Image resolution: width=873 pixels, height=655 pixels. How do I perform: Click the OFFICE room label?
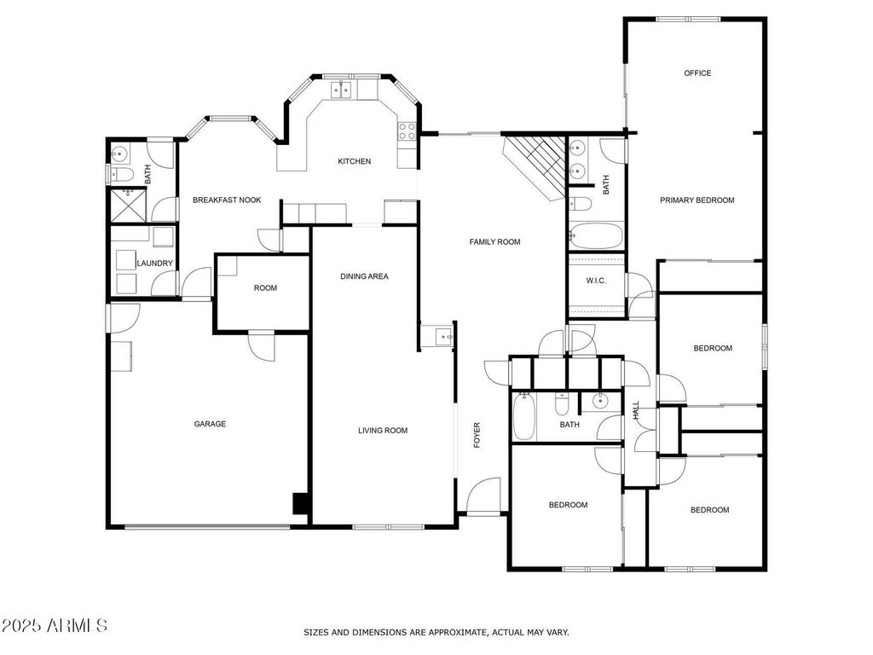[x=697, y=73]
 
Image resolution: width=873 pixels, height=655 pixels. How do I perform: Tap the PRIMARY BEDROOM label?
[x=697, y=200]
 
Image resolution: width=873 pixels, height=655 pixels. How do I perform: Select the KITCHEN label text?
[x=354, y=161]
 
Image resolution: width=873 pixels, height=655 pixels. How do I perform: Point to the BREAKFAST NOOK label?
[x=227, y=200]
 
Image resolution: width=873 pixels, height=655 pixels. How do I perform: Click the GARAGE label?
[x=210, y=424]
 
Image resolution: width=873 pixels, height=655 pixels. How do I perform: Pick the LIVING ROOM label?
[x=383, y=431]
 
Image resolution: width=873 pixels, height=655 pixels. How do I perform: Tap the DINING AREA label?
[x=364, y=276]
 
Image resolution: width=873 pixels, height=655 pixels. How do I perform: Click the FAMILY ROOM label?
[x=494, y=241]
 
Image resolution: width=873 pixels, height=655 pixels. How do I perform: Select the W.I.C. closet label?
[x=596, y=281]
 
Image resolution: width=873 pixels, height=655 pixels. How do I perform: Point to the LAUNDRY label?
[x=155, y=264]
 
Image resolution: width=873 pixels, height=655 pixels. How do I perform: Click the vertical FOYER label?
[x=477, y=435]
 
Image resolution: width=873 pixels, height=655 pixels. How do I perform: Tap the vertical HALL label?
[x=636, y=411]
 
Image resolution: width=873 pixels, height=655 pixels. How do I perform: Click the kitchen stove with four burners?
[x=407, y=131]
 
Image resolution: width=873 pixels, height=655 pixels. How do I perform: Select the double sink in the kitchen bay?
[x=341, y=89]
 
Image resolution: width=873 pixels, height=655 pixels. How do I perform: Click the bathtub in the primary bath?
[x=595, y=236]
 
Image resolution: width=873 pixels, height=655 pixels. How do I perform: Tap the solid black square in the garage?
[x=300, y=503]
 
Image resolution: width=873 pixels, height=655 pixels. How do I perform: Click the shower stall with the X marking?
[x=129, y=206]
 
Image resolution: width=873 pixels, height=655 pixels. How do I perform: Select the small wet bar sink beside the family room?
[x=442, y=337]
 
